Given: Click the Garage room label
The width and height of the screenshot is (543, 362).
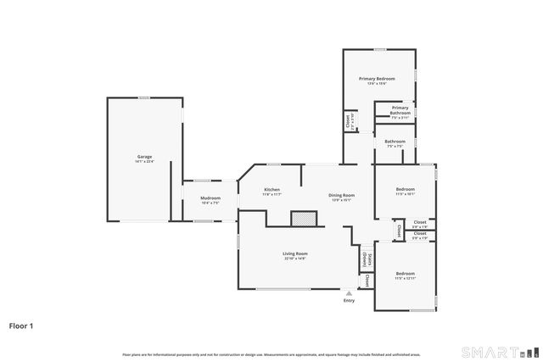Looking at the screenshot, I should [x=145, y=157].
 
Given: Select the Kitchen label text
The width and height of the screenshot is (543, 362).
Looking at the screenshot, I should [x=271, y=189].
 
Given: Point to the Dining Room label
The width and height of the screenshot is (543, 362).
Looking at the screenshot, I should [x=341, y=195].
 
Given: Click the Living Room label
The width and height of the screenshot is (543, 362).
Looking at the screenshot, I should [x=294, y=253].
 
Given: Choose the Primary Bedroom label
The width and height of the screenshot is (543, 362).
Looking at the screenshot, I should [x=377, y=78].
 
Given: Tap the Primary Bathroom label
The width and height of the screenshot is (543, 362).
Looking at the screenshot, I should [x=400, y=109].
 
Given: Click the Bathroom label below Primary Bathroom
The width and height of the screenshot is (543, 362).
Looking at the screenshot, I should [x=395, y=142].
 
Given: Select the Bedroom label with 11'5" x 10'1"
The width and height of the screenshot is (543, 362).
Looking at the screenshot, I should [x=405, y=189].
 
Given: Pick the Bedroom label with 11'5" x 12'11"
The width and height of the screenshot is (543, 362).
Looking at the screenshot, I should [x=405, y=273].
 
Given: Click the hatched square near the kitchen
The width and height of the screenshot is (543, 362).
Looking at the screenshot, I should [x=302, y=219].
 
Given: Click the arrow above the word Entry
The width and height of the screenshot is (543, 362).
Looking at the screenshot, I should [x=349, y=292].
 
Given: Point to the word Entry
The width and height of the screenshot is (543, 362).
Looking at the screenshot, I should [x=349, y=301].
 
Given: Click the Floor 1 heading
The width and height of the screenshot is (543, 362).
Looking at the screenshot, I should [x=22, y=325].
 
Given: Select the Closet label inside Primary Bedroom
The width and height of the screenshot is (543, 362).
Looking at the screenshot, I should [x=348, y=122].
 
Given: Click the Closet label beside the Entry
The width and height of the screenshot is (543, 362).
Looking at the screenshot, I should [x=367, y=280].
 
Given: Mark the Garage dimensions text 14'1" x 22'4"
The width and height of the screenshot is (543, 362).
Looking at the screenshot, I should [x=145, y=161].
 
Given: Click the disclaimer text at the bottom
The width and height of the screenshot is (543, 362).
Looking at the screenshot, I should [x=271, y=354].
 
